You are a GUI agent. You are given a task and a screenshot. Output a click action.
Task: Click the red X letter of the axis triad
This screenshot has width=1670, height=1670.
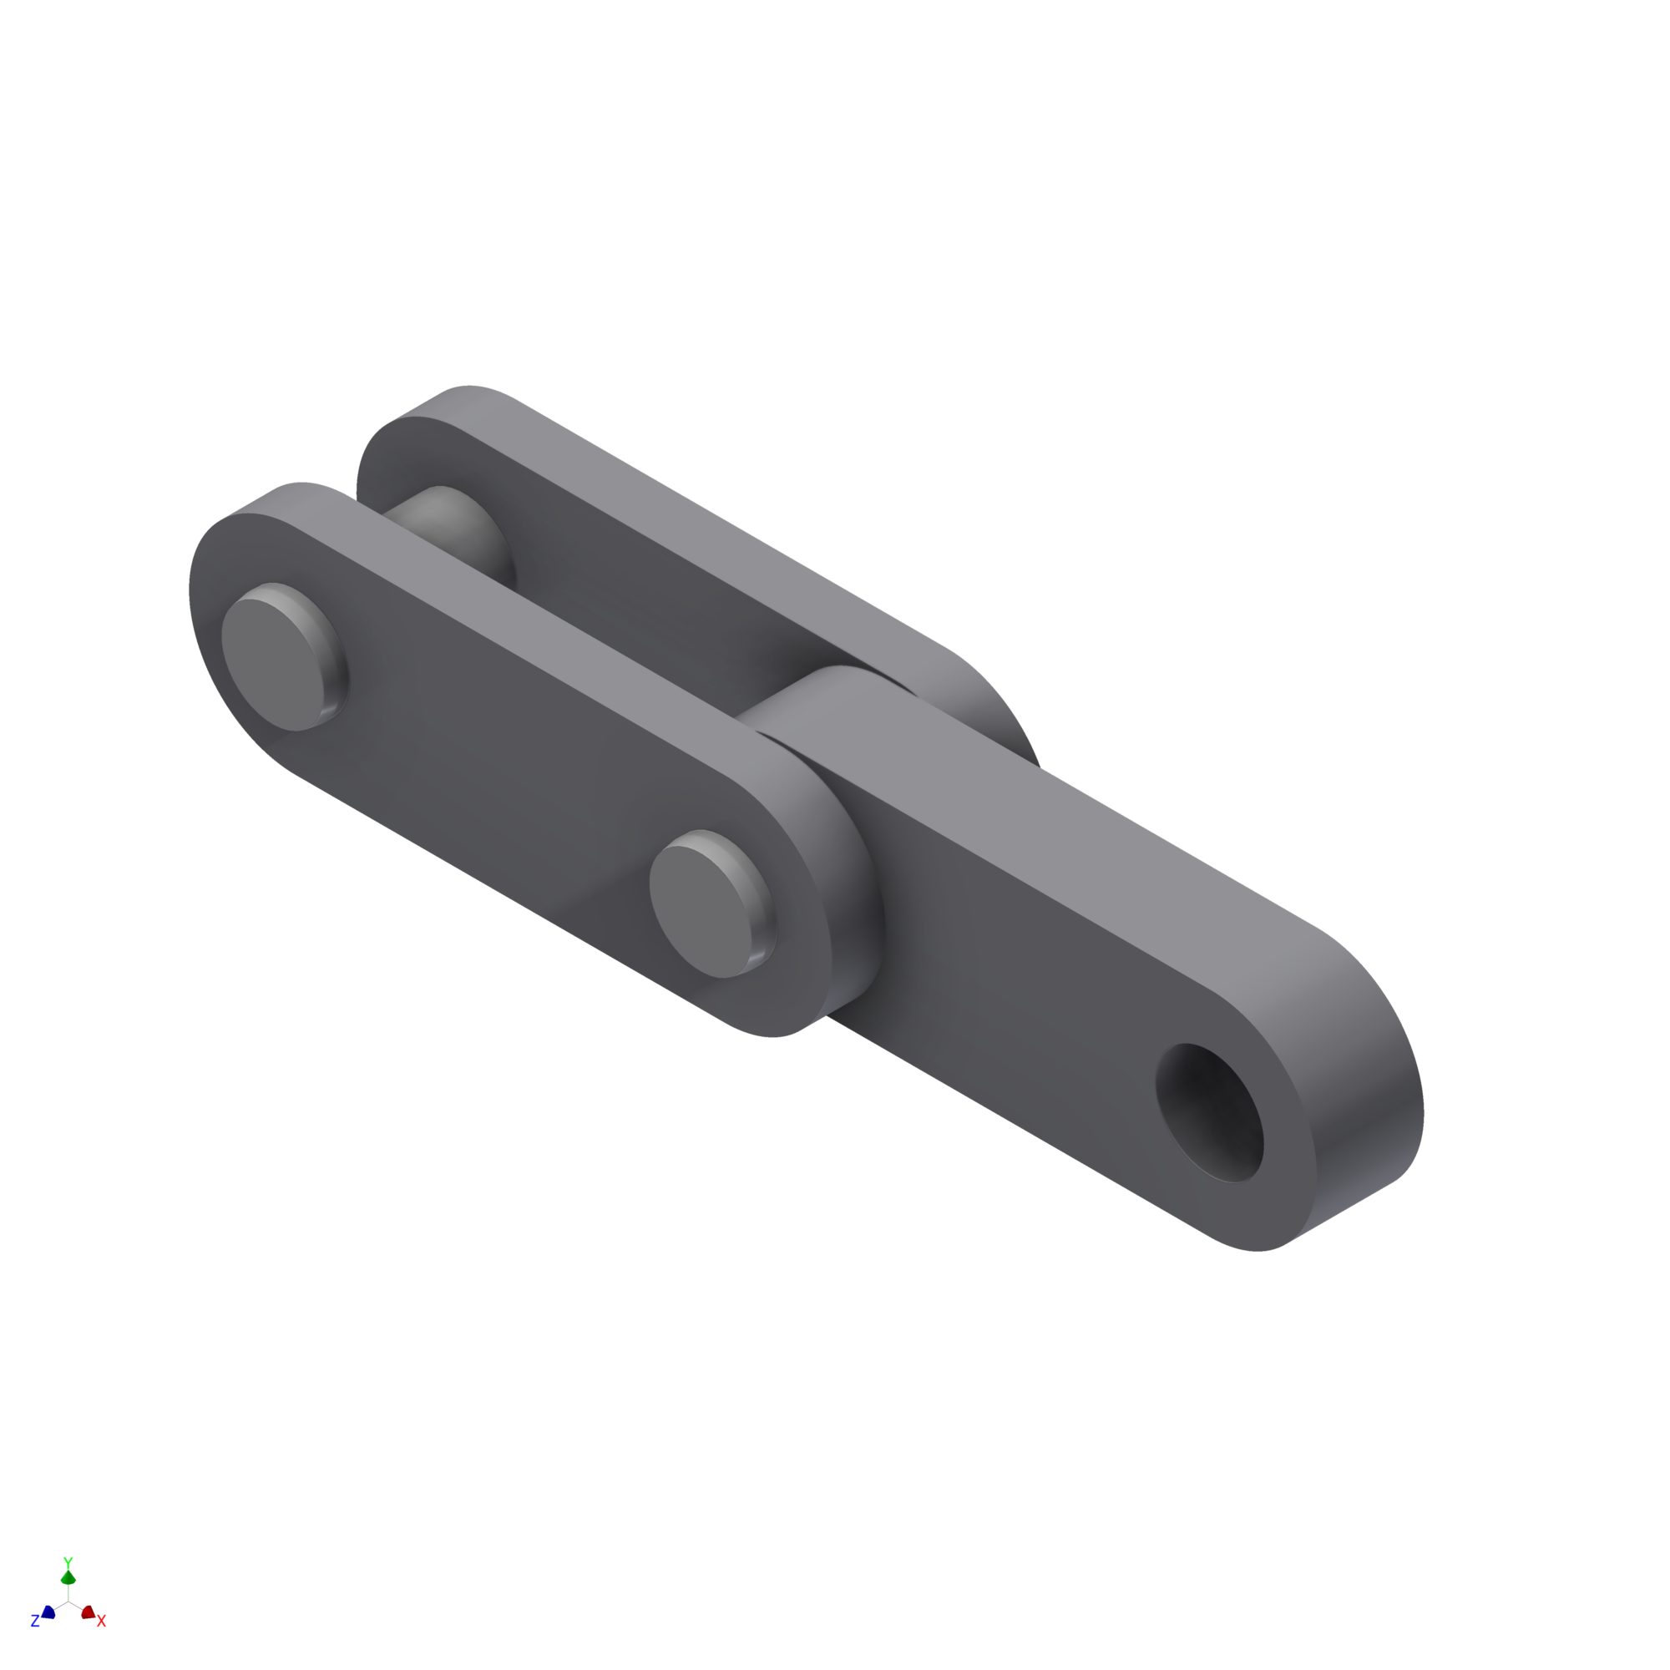pyautogui.click(x=101, y=1621)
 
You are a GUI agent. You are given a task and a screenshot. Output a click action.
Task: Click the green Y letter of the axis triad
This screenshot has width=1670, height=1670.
pyautogui.click(x=68, y=1563)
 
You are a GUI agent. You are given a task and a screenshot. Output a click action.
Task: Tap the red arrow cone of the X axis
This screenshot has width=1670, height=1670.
pyautogui.click(x=88, y=1612)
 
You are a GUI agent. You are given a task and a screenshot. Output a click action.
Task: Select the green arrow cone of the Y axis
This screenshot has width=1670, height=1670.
pyautogui.click(x=68, y=1577)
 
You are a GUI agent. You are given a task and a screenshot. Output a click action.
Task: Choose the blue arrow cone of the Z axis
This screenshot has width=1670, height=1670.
pyautogui.click(x=48, y=1612)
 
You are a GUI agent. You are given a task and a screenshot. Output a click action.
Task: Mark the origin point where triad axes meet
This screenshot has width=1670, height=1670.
pyautogui.click(x=68, y=1601)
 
